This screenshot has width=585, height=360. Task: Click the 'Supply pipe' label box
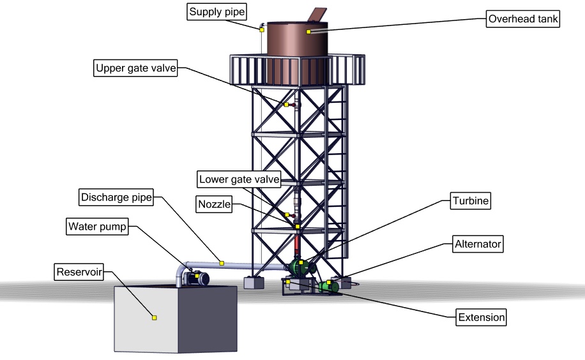click(217, 12)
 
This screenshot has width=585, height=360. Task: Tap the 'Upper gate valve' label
click(135, 68)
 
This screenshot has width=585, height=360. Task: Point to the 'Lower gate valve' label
click(239, 179)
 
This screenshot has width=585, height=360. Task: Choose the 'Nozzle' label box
click(214, 205)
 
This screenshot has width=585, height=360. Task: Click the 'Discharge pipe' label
click(116, 197)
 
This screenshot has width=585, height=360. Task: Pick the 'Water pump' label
click(98, 226)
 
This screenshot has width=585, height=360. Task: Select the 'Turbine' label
click(471, 201)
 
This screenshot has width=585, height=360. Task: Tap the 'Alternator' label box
click(478, 243)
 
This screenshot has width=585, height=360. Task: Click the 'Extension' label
click(481, 317)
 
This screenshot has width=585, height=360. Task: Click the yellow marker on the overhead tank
click(308, 31)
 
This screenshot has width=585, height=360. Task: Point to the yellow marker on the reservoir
click(154, 317)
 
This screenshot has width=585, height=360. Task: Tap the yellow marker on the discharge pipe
click(222, 262)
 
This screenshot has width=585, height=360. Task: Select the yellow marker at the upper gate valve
click(287, 105)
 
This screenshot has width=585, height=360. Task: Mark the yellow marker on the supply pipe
click(262, 29)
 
